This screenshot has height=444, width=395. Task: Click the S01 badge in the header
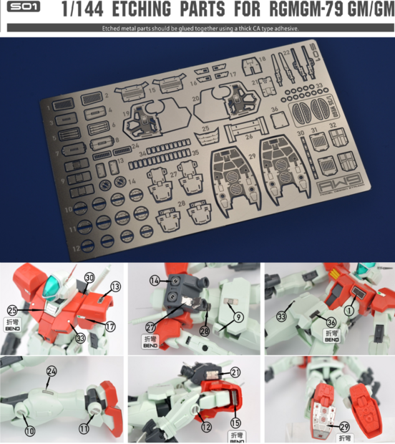coord(21,9)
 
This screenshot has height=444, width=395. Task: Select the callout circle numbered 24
coord(51,371)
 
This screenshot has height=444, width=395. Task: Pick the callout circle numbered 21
coord(235,372)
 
